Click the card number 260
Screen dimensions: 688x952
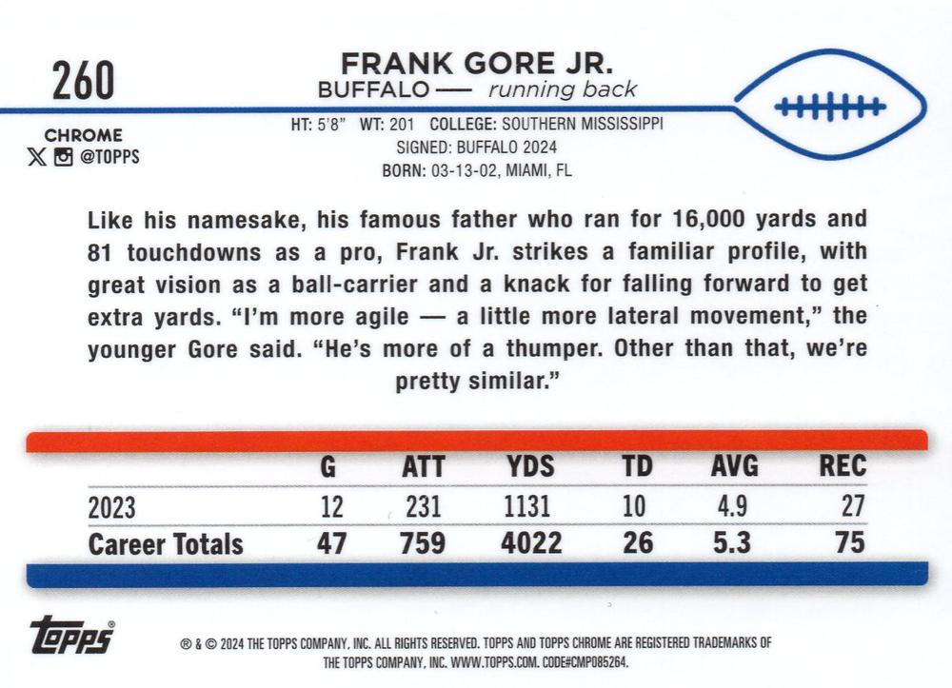tap(84, 79)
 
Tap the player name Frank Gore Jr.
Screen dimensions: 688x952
tap(478, 64)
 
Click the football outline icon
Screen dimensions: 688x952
tap(830, 106)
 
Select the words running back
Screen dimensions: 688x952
tap(563, 90)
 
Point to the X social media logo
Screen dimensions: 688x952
tap(37, 157)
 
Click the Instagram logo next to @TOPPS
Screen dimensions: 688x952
tap(63, 157)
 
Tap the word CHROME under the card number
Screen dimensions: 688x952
tap(83, 135)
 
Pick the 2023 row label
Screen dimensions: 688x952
tap(111, 505)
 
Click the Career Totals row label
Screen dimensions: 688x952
tap(166, 543)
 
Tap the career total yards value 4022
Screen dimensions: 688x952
tap(533, 543)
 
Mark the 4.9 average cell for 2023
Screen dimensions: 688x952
tap(734, 505)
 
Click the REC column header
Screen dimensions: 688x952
tap(843, 466)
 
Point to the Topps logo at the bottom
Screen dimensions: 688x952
tap(71, 635)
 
